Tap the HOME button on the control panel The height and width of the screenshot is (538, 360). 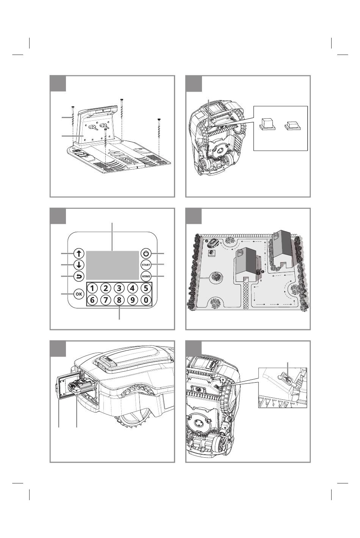[x=146, y=276]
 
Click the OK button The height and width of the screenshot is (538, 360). [x=79, y=294]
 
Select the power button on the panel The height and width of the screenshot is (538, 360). [x=146, y=253]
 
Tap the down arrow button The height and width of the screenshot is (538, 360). [x=79, y=265]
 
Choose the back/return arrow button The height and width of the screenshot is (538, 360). [x=79, y=277]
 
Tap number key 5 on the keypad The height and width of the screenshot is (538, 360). [x=146, y=288]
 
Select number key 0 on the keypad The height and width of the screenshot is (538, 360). [x=146, y=300]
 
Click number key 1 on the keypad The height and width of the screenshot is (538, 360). [x=92, y=288]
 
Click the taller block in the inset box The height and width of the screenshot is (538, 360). [x=268, y=124]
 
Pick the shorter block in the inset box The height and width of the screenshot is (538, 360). [x=293, y=126]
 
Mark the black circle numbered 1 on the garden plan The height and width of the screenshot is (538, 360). [x=263, y=271]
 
